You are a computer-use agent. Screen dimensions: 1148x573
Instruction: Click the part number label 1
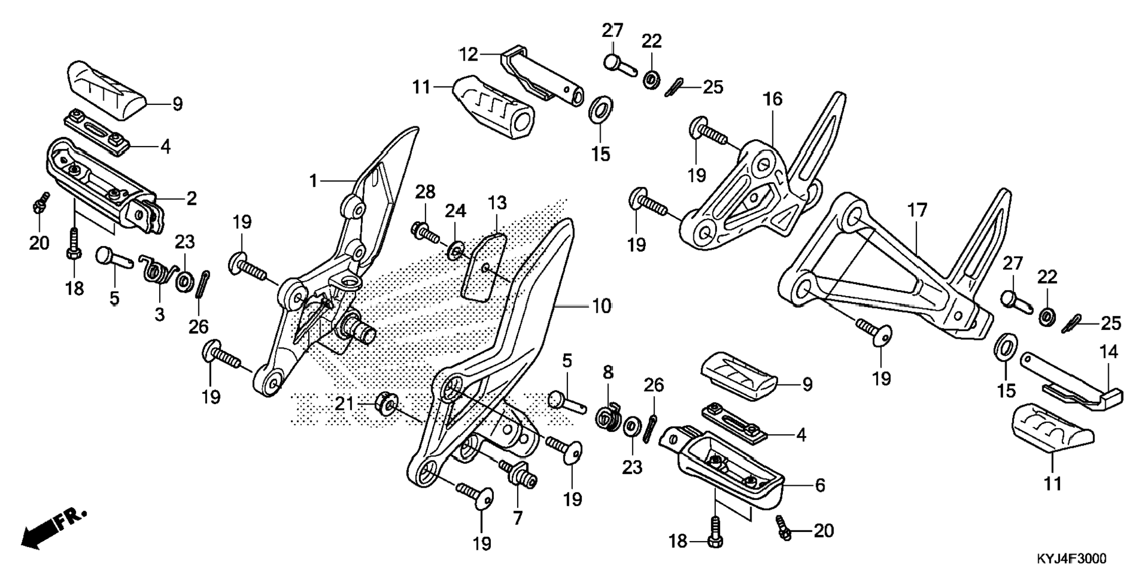coord(313,181)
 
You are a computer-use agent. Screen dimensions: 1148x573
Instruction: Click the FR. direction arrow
coord(53,528)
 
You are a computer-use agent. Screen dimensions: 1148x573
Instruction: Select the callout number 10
coord(601,306)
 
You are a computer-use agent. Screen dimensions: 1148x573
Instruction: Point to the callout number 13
coord(497,203)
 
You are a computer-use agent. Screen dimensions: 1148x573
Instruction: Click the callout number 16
coord(773,100)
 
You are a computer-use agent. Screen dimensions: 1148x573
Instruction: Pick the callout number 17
coord(917,210)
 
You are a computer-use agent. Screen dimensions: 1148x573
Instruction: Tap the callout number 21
coord(344,404)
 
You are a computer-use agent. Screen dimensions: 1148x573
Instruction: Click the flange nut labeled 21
coord(386,406)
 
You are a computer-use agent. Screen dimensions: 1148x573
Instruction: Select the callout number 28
coord(425,192)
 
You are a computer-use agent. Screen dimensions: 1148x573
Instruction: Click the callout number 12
coord(468,55)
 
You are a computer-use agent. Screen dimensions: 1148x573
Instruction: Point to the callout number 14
coord(1108,352)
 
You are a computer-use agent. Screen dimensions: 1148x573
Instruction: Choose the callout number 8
coord(608,373)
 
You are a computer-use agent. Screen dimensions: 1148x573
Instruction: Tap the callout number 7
coord(518,518)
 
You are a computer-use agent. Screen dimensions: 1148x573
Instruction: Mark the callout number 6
coord(820,485)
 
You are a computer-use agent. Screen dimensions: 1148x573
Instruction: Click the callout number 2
coord(191,198)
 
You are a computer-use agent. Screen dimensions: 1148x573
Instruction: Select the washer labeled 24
coord(455,252)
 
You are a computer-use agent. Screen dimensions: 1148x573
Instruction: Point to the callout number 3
coord(159,314)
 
